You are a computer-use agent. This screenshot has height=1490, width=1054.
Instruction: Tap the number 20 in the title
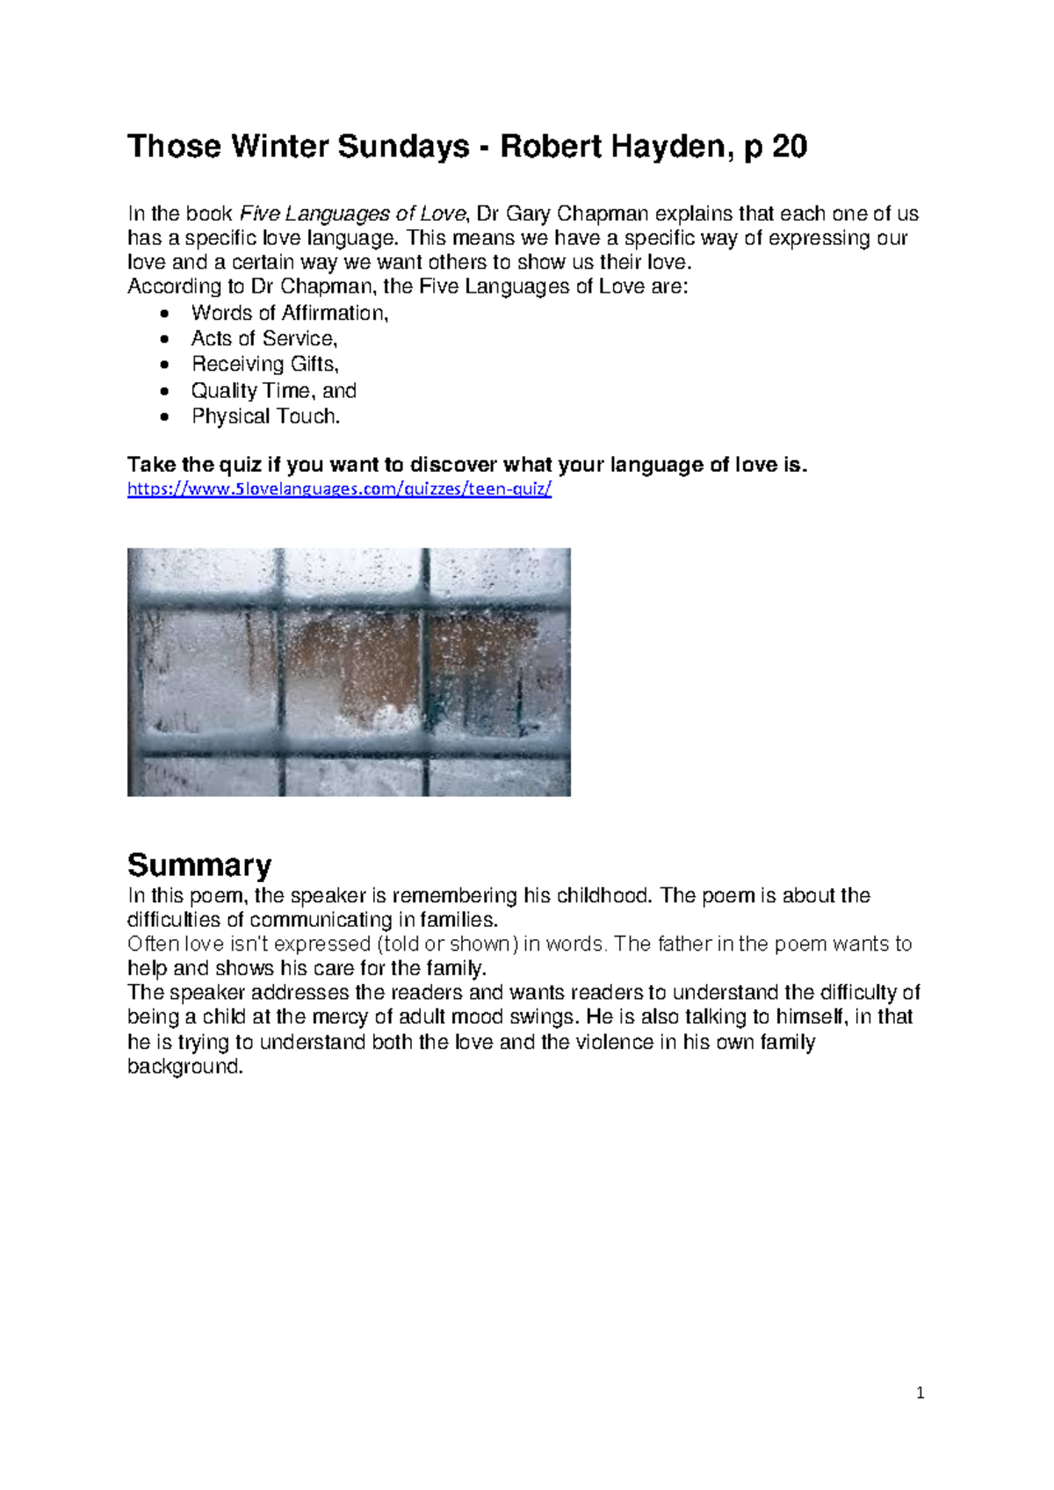click(789, 146)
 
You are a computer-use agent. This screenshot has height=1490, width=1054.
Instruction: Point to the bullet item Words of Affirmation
click(289, 313)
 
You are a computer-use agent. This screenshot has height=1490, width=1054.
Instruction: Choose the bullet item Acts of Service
click(263, 338)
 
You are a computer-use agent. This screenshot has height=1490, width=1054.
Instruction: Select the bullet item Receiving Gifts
click(264, 364)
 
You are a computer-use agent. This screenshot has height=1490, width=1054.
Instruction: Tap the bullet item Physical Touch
click(265, 416)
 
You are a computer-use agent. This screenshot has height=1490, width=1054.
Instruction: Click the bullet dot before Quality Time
click(164, 391)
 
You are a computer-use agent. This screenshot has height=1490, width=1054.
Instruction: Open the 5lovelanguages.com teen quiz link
click(339, 489)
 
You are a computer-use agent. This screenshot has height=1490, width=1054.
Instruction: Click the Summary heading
click(199, 864)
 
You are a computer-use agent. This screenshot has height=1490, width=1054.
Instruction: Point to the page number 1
click(920, 1392)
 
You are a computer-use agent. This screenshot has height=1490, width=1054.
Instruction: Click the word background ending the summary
click(184, 1067)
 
